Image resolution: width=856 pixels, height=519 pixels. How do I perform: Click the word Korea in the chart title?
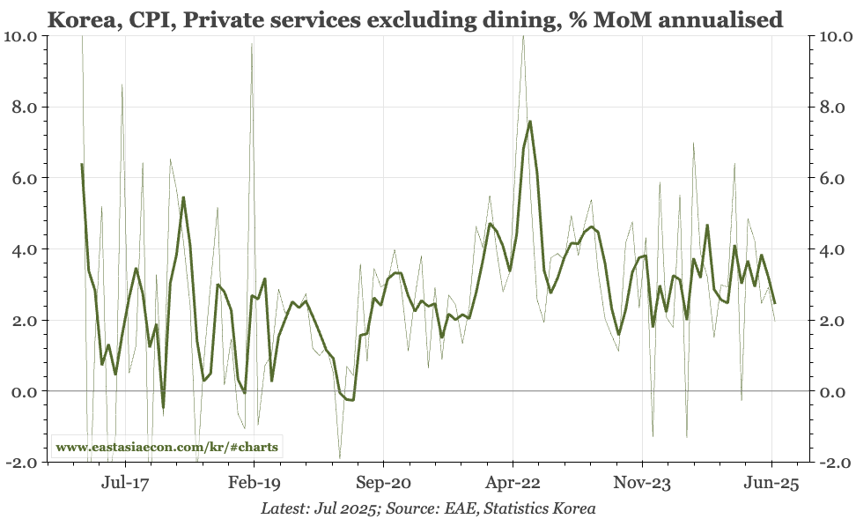(78, 18)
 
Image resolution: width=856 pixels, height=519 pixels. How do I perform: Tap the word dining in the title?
(525, 18)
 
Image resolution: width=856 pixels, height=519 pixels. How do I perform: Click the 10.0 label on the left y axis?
(20, 36)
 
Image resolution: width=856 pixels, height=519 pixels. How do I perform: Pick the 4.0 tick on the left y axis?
(24, 249)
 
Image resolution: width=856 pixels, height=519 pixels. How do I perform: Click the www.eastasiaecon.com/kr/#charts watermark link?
(166, 447)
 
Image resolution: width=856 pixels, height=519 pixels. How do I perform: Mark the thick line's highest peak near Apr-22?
(529, 122)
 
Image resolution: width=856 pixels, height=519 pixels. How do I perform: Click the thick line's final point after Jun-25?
(775, 303)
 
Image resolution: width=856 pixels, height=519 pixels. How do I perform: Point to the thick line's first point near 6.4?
(82, 164)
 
